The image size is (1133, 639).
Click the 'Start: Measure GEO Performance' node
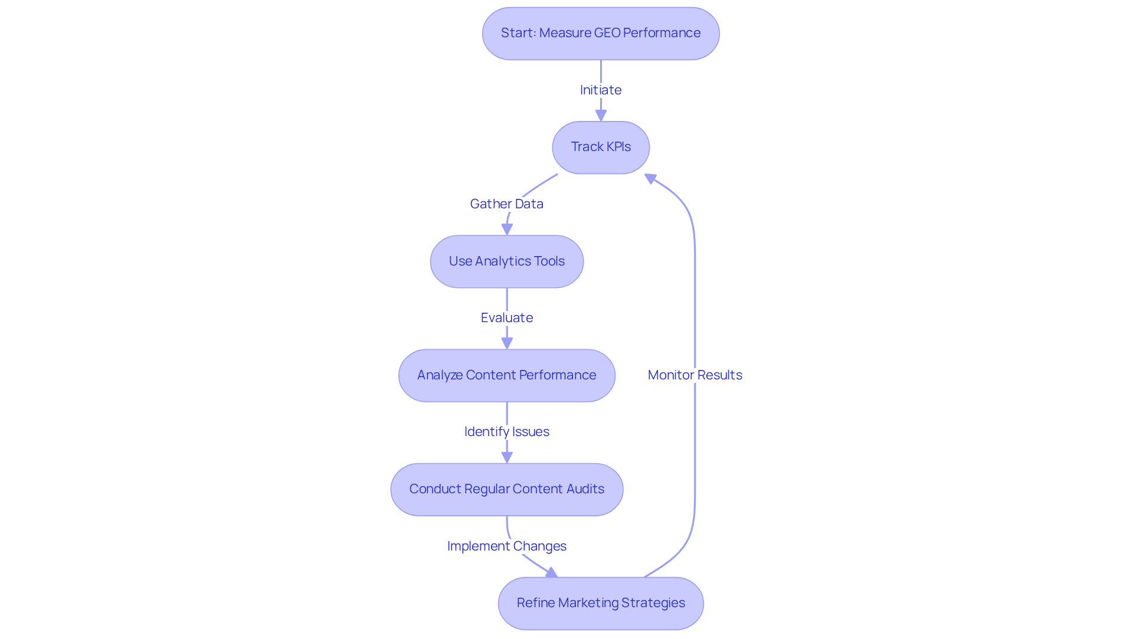coord(601,34)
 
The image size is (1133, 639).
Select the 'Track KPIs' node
coord(601,148)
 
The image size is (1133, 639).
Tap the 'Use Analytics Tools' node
coord(507,261)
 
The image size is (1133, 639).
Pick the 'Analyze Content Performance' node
coord(507,375)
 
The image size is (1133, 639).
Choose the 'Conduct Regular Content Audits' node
coord(507,489)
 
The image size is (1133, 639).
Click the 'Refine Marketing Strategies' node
coord(601,603)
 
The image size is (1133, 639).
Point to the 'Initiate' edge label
coord(601,90)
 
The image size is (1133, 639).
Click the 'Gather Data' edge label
coord(507,204)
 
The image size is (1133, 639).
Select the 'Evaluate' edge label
coord(507,318)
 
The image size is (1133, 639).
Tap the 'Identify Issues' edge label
coord(507,432)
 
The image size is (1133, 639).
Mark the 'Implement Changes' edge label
coord(507,546)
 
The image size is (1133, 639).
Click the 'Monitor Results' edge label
coord(695,375)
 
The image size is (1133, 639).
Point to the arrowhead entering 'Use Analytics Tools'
coord(507,230)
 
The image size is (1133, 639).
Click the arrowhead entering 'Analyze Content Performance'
coord(507,343)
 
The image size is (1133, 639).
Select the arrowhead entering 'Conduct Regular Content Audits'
coord(507,457)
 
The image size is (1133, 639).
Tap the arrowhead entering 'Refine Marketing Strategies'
coord(552,573)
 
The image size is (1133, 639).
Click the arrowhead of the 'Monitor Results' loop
coord(650,178)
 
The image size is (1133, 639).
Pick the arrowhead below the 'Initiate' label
coord(601,116)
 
